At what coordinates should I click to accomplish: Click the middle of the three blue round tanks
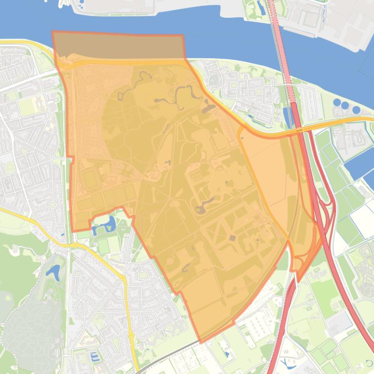tap(345, 105)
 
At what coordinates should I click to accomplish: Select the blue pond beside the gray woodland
tap(53, 272)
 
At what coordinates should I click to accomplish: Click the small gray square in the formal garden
tap(232, 238)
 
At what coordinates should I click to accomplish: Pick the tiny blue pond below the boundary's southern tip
tap(227, 354)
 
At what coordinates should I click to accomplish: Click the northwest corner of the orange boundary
tap(53, 33)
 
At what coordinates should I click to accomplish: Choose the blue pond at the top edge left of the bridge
tap(261, 7)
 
